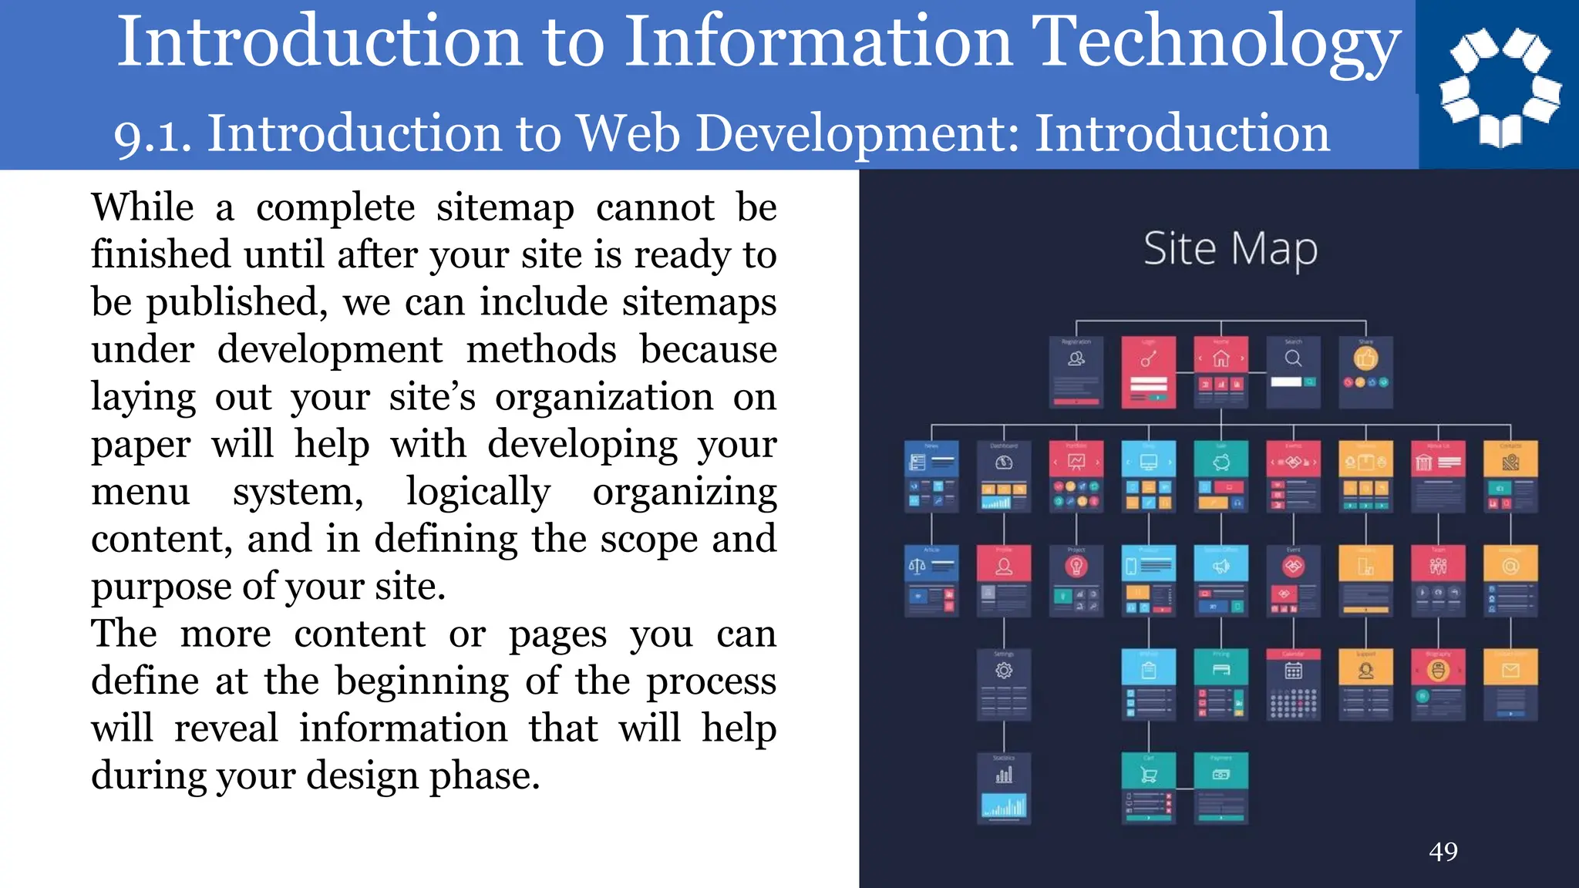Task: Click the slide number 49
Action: pyautogui.click(x=1443, y=852)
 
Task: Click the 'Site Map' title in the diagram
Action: pyautogui.click(x=1231, y=250)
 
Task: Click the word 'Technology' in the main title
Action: pyautogui.click(x=1216, y=43)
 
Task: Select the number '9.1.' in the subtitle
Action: pyautogui.click(x=153, y=136)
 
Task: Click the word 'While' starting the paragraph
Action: pyautogui.click(x=143, y=207)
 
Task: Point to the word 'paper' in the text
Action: pyautogui.click(x=140, y=445)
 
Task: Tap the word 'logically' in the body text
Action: pyautogui.click(x=478, y=492)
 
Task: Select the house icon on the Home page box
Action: pyautogui.click(x=1220, y=358)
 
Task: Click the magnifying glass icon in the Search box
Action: pyautogui.click(x=1293, y=358)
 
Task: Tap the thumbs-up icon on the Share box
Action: pyautogui.click(x=1365, y=358)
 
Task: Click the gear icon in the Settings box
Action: pyautogui.click(x=1003, y=671)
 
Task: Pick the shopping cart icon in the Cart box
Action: pyautogui.click(x=1148, y=775)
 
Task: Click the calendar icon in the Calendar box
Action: pyautogui.click(x=1293, y=671)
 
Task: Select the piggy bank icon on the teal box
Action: pyautogui.click(x=1220, y=462)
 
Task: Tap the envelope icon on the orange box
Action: pyautogui.click(x=1510, y=671)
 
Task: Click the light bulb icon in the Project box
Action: pyautogui.click(x=1076, y=567)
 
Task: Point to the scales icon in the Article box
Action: pyautogui.click(x=917, y=567)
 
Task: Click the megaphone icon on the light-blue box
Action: pyautogui.click(x=1220, y=567)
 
